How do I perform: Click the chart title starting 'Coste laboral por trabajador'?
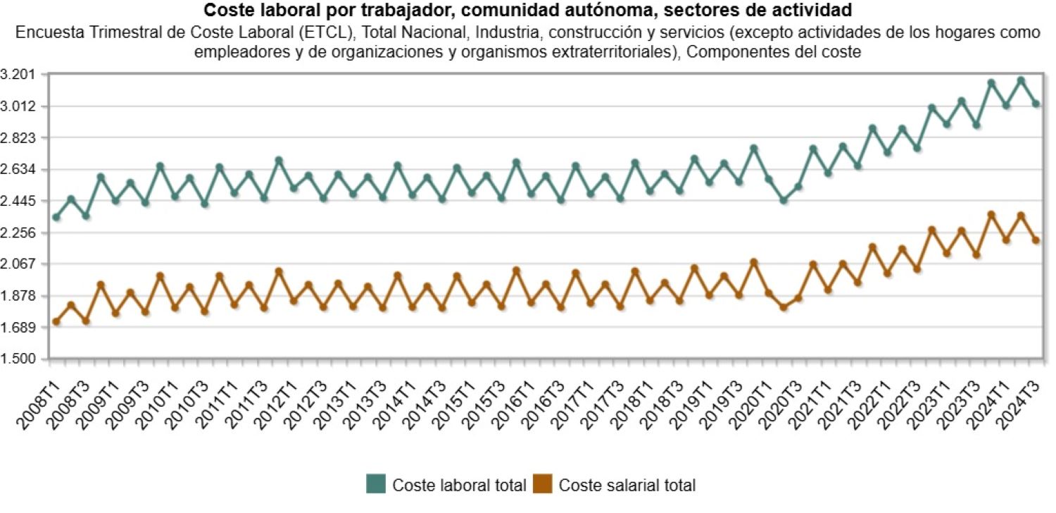point(527,11)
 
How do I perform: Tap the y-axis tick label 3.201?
point(18,75)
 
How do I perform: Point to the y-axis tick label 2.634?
point(18,170)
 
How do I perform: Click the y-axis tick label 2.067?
point(18,264)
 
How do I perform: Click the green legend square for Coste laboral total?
point(376,485)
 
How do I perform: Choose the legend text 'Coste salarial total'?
point(627,486)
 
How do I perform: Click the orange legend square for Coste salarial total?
point(543,485)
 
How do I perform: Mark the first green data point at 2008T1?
point(56,217)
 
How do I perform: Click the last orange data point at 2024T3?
point(1036,240)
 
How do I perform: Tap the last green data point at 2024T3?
point(1036,104)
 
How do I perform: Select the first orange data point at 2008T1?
point(56,322)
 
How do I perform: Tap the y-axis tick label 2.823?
point(18,138)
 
